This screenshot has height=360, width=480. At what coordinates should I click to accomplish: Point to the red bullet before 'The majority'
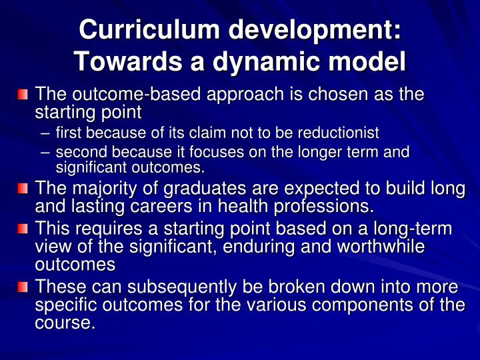[x=23, y=189]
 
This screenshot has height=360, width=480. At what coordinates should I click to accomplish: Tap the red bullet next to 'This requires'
[x=23, y=230]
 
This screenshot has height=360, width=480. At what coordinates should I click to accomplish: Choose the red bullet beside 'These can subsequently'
[x=23, y=288]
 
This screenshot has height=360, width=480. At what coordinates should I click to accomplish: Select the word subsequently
[x=194, y=287]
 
